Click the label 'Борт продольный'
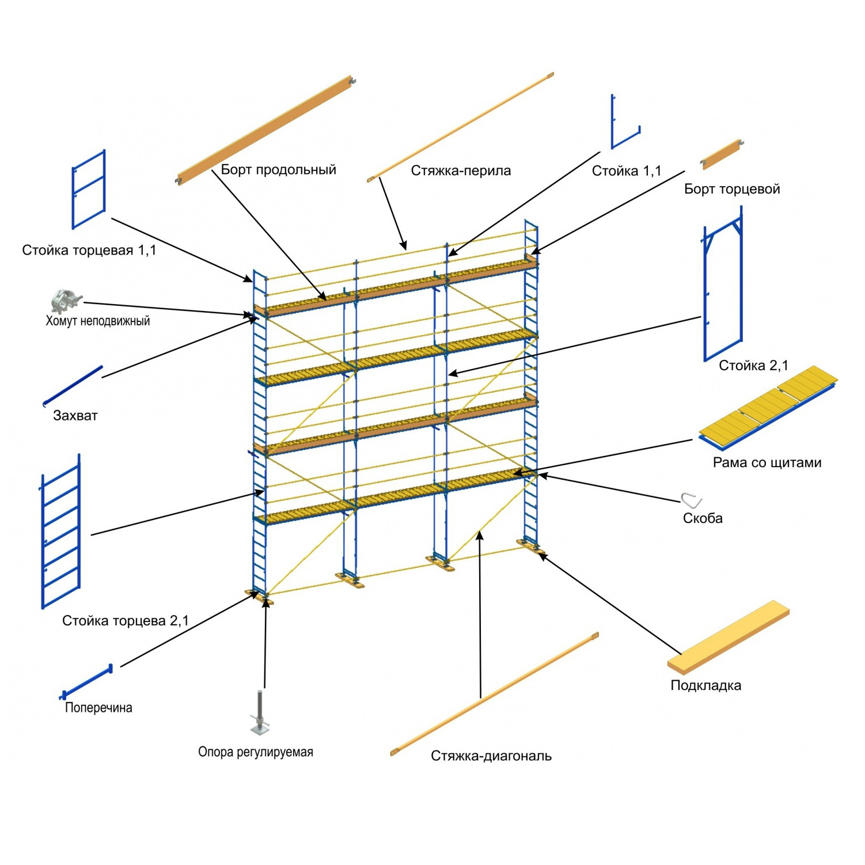278,170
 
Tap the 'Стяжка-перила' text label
461,170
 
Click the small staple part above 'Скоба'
692,499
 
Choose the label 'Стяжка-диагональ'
491,756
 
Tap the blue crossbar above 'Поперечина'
86,683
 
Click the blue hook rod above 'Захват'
73,386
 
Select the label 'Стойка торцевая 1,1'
89,251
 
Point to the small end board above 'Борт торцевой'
722,154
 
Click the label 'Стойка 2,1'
753,366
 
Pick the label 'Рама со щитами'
767,462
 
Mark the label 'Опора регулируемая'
256,752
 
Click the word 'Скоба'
703,518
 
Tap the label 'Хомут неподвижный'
98,321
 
